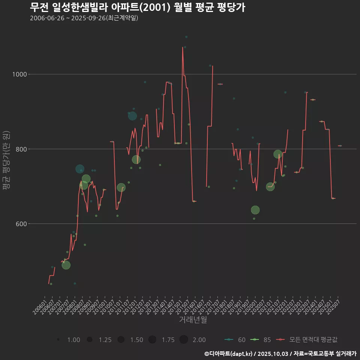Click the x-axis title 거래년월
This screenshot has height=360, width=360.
[x=193, y=319]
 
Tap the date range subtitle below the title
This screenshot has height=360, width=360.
[x=84, y=18]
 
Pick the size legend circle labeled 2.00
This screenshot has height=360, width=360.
[x=183, y=340]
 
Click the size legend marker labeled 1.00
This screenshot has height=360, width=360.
[x=58, y=340]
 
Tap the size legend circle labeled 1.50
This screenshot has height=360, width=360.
[x=121, y=340]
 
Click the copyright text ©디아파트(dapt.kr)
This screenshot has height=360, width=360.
[x=229, y=354]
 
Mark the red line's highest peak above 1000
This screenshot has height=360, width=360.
[x=183, y=47]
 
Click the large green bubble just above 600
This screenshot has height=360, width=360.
[x=255, y=210]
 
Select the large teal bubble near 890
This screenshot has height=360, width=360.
[x=132, y=116]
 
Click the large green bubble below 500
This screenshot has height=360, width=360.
[x=66, y=265]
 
